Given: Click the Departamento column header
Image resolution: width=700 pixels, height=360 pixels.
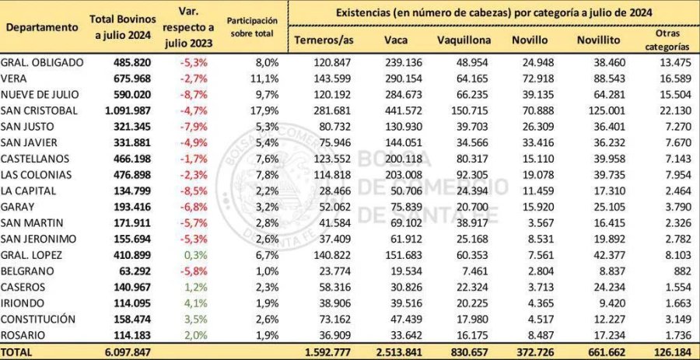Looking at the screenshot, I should tap(42, 27).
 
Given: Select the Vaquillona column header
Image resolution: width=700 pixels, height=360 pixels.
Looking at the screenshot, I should tap(464, 39).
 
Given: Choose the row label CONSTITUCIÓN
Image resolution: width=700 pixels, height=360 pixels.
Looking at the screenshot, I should tap(38, 319).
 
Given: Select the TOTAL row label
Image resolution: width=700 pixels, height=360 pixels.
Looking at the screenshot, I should tap(18, 351).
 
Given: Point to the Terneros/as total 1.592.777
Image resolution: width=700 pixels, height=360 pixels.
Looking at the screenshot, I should tap(327, 351).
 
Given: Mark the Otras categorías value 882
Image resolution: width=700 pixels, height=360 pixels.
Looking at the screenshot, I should tap(676, 271).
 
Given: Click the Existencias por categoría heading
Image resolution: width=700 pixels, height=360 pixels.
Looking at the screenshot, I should tap(494, 13).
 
